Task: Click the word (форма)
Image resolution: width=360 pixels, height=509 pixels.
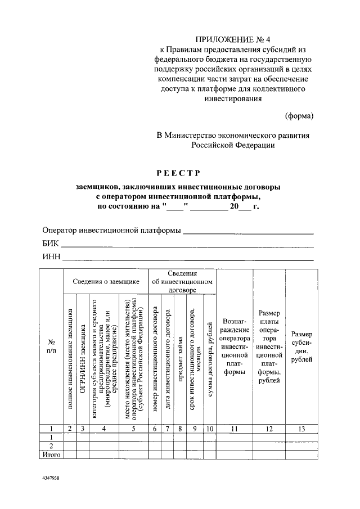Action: click(300, 116)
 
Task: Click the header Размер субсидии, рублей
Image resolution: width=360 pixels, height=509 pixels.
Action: click(301, 348)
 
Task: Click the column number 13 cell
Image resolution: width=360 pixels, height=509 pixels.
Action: click(301, 430)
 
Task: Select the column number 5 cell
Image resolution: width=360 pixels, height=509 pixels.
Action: click(133, 430)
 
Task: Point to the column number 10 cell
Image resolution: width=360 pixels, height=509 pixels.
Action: click(210, 430)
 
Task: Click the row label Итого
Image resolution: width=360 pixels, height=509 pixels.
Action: click(51, 454)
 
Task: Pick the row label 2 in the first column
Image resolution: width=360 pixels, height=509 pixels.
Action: click(51, 445)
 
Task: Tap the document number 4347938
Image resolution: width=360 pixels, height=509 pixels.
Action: click(53, 476)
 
